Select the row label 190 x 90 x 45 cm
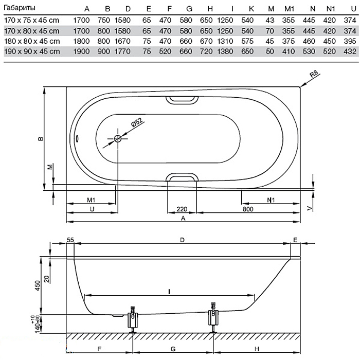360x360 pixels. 31,52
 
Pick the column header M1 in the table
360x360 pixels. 290,9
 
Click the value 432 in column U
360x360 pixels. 349,52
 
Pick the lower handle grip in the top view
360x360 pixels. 183,177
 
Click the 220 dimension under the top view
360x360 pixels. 182,209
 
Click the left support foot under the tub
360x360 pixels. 133,320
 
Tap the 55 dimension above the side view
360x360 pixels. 70,240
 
